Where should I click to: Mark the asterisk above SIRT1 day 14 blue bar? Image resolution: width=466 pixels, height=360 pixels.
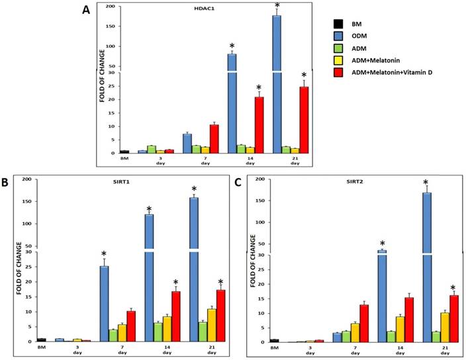[149, 209]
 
